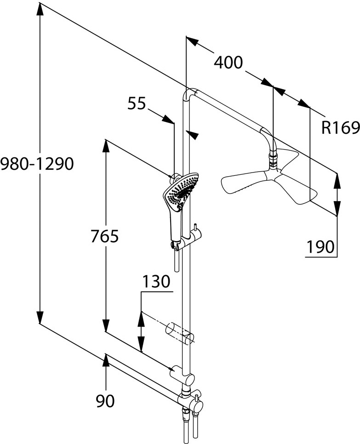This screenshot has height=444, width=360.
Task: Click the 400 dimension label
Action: [229, 62]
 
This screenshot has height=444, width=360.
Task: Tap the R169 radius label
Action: [340, 127]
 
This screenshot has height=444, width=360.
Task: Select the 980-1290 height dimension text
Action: [37, 163]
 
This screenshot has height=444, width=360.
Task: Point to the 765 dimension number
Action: [105, 236]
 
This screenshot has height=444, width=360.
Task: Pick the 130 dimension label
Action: [156, 281]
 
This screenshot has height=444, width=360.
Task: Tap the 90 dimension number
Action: [105, 402]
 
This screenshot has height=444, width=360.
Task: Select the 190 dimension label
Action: [321, 247]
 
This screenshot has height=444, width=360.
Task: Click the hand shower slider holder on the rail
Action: [189, 241]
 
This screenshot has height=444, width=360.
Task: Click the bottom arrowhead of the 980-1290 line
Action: [40, 318]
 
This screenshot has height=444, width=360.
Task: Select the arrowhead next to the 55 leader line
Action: [169, 119]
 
